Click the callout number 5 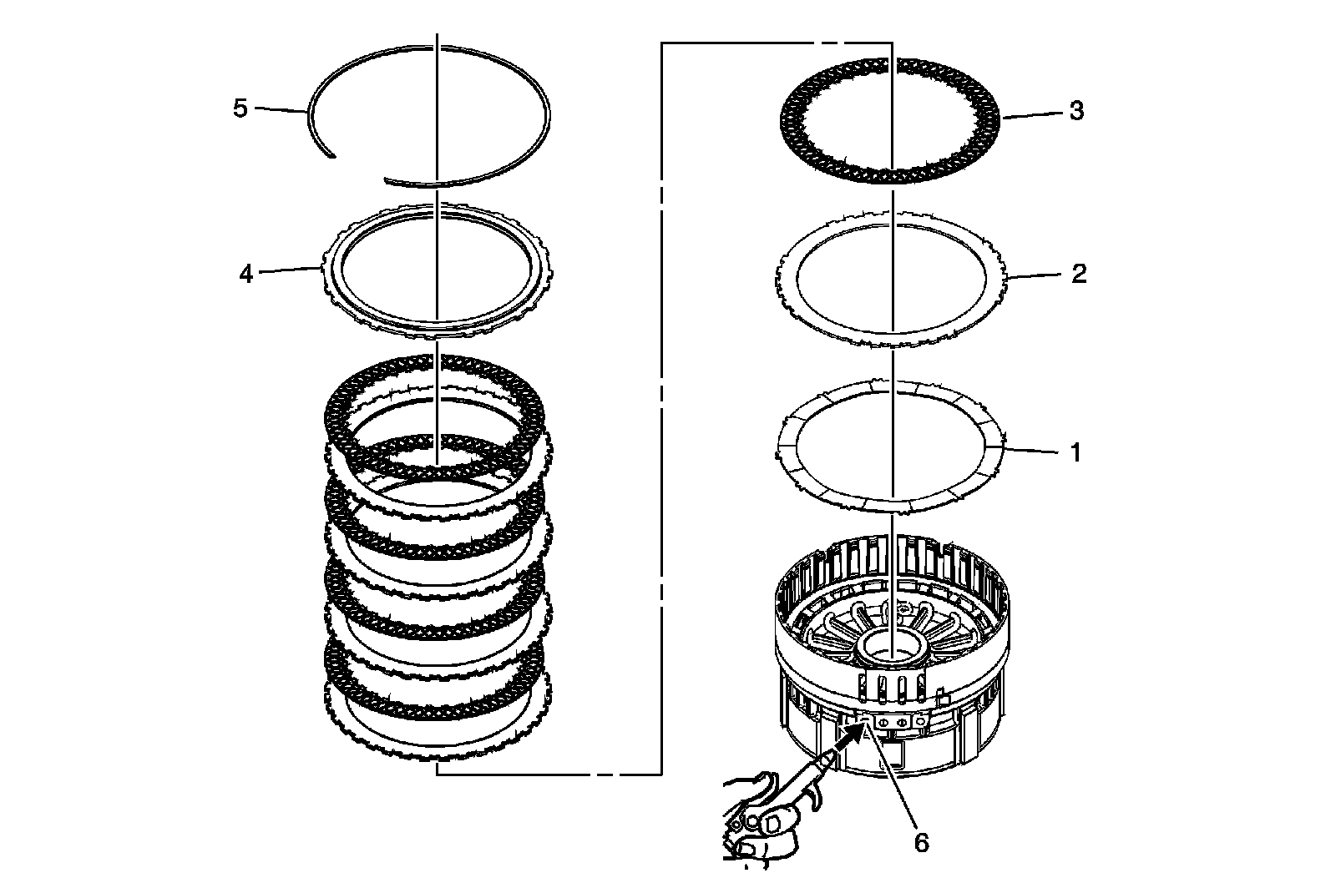click(240, 108)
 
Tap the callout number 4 click(245, 273)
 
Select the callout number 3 click(1076, 111)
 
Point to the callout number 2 click(1078, 274)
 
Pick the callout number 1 click(1075, 452)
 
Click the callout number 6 click(920, 843)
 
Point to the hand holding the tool click(756, 826)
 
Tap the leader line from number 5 click(280, 109)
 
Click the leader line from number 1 click(1031, 451)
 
